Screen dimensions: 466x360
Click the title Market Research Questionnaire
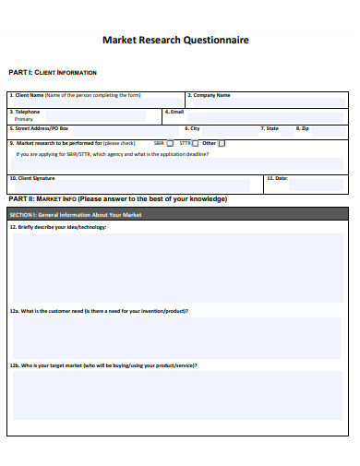coord(174,41)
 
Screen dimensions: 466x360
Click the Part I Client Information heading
coord(52,72)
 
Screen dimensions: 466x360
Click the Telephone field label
coord(27,112)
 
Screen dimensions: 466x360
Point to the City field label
coord(195,128)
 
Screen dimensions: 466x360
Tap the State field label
coord(270,128)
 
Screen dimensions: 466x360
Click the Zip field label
coord(306,128)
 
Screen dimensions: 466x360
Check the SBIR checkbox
coord(170,144)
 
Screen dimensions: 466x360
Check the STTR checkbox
coord(196,144)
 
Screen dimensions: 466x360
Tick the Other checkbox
coord(222,144)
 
